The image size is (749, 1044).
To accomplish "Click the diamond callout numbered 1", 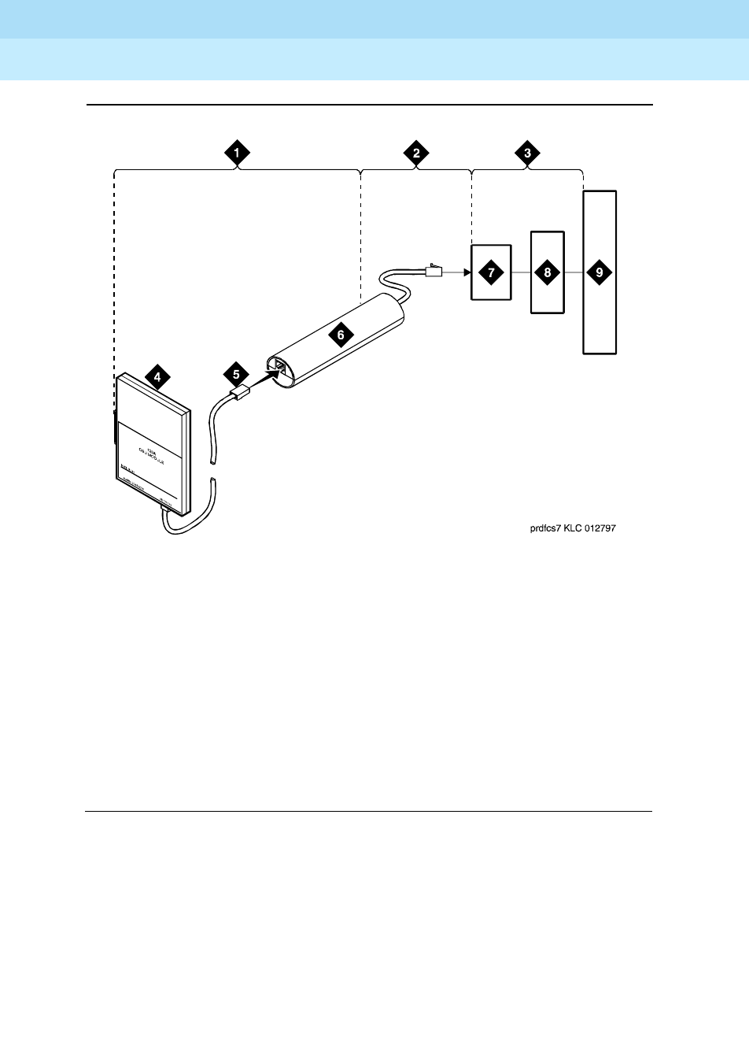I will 237,153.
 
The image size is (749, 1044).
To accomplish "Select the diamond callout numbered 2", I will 416,153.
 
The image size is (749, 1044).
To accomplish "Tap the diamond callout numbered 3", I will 527,153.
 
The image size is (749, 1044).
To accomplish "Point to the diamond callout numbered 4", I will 157,377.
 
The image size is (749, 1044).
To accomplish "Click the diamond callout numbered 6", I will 340,334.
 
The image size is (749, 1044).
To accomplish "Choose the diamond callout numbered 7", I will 491,272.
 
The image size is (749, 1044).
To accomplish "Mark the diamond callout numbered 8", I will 548,272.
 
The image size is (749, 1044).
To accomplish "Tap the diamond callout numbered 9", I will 600,272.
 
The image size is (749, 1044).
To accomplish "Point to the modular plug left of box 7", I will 434,272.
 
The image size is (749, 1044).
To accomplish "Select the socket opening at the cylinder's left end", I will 279,367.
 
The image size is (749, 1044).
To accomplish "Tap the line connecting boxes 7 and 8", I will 522,272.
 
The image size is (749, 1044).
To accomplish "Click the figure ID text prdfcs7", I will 545,530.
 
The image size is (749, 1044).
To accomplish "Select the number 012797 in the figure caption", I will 600,530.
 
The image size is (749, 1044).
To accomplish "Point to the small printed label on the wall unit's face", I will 149,450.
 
